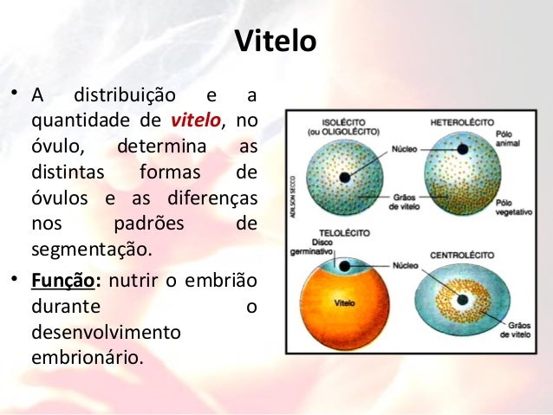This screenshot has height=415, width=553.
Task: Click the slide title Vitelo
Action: [276, 41]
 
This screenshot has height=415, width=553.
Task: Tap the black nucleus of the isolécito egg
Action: [345, 177]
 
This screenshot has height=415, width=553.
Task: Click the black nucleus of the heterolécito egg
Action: [463, 150]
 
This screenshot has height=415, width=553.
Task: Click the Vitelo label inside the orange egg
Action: [344, 303]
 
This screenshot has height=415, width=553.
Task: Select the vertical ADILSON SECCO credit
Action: [296, 199]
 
